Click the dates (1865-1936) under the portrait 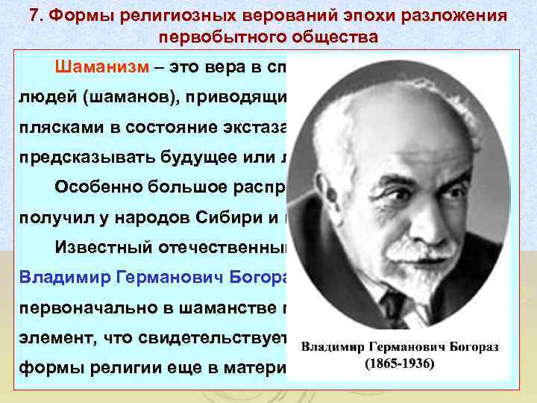pos(401,367)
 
